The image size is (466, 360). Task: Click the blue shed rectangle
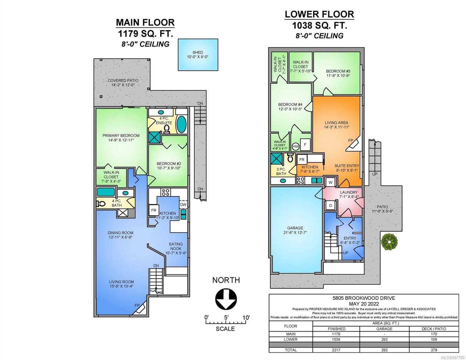tap(198, 55)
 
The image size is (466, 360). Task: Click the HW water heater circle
tap(296, 147)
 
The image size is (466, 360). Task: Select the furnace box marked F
tap(305, 145)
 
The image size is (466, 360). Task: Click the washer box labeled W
tap(330, 182)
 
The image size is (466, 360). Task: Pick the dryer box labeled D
tap(330, 205)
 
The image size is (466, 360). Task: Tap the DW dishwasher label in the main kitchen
tap(183, 205)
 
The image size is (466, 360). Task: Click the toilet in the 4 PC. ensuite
tap(167, 129)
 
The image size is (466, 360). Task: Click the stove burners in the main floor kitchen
tap(166, 192)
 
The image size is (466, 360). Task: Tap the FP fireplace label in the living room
tap(137, 305)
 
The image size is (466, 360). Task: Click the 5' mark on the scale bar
tap(226, 317)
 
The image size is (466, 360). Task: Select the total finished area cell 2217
tap(336, 350)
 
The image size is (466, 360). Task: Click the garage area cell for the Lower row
tap(384, 339)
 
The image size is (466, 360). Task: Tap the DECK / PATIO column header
tap(434, 329)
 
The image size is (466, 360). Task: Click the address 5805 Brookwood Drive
tap(364, 298)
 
